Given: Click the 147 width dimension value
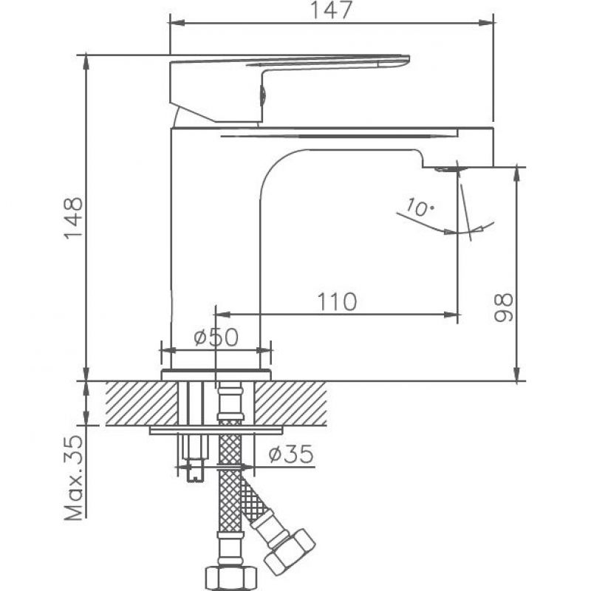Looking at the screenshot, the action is (x=331, y=10).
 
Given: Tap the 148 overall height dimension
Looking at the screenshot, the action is (x=73, y=218).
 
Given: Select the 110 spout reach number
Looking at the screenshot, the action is (x=337, y=302).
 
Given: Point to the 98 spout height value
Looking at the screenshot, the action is (x=504, y=307).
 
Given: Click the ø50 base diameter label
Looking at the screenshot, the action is (x=216, y=337).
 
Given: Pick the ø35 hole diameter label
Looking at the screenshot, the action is (x=290, y=454).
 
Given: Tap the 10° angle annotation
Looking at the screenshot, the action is (x=420, y=207).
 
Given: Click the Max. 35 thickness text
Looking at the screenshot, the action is (x=73, y=478).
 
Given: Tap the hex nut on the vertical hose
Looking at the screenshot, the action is (x=231, y=578).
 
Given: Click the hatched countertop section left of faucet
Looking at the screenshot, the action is (x=142, y=403).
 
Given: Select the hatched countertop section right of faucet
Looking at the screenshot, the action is (x=290, y=403).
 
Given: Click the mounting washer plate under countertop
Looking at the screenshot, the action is (x=216, y=431).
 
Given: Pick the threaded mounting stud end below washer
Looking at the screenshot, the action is (x=195, y=470).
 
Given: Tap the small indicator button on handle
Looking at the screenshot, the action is (x=263, y=95).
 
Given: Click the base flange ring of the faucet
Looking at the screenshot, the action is (x=216, y=375).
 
